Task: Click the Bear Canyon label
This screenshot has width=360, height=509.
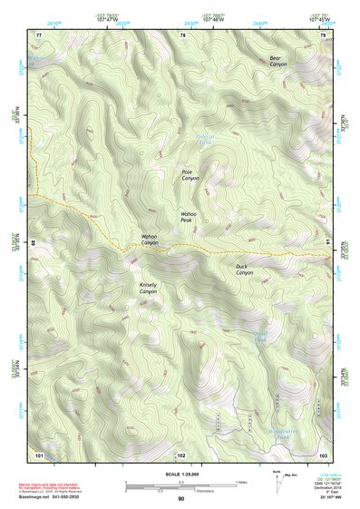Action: point(277,62)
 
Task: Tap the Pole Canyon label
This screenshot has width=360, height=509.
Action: point(190,175)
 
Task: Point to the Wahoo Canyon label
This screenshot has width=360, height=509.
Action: point(150,240)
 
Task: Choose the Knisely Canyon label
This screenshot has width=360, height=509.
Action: point(148,288)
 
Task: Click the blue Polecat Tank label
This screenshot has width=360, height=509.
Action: point(206,141)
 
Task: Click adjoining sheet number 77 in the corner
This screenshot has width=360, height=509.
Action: point(39,34)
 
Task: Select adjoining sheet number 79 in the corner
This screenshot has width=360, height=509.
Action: point(323,34)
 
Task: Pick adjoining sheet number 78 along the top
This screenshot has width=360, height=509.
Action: point(182,34)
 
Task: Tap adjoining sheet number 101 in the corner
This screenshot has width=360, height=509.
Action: point(39,454)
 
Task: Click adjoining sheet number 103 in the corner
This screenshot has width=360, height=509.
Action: point(323,454)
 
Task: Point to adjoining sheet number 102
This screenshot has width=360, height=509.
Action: point(180,454)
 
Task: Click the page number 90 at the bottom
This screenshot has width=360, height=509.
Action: point(180,499)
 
